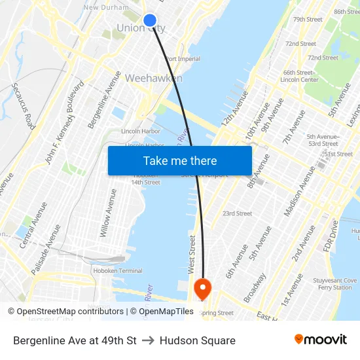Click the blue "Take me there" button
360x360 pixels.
pos(180,160)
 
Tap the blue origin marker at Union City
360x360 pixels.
pos(149,20)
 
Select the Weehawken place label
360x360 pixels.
pos(153,78)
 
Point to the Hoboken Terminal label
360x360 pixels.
pos(118,271)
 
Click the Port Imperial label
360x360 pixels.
pos(183,59)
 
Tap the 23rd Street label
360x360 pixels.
pos(237,213)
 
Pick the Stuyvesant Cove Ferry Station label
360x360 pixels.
pos(335,284)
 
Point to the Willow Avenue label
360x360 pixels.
pos(109,213)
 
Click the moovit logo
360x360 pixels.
pos(321,339)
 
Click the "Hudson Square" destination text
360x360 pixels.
pos(197,340)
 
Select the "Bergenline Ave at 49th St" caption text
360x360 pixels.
pos(75,340)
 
